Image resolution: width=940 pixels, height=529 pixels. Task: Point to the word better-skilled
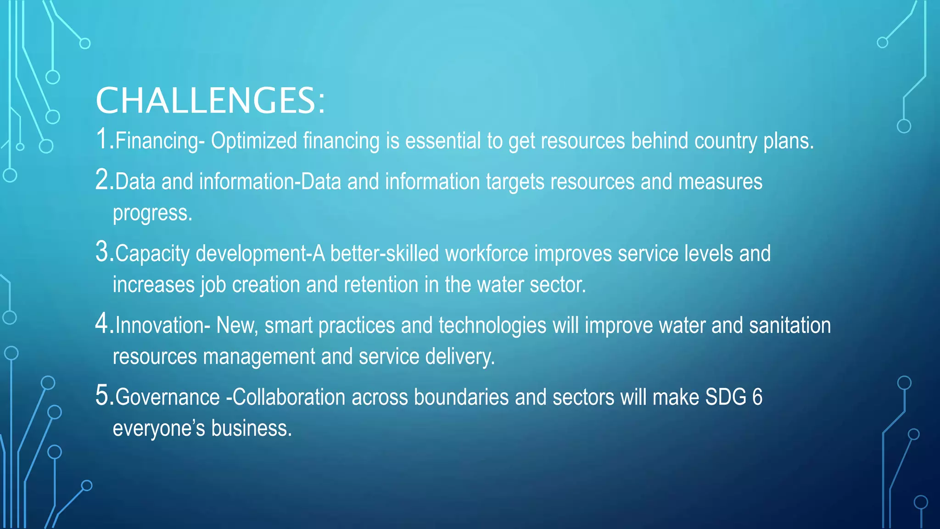(385, 253)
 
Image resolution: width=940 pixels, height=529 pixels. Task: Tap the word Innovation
(160, 326)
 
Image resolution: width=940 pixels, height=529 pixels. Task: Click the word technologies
(492, 326)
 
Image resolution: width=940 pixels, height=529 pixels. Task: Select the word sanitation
(790, 326)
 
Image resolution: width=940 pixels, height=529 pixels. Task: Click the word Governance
(168, 397)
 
